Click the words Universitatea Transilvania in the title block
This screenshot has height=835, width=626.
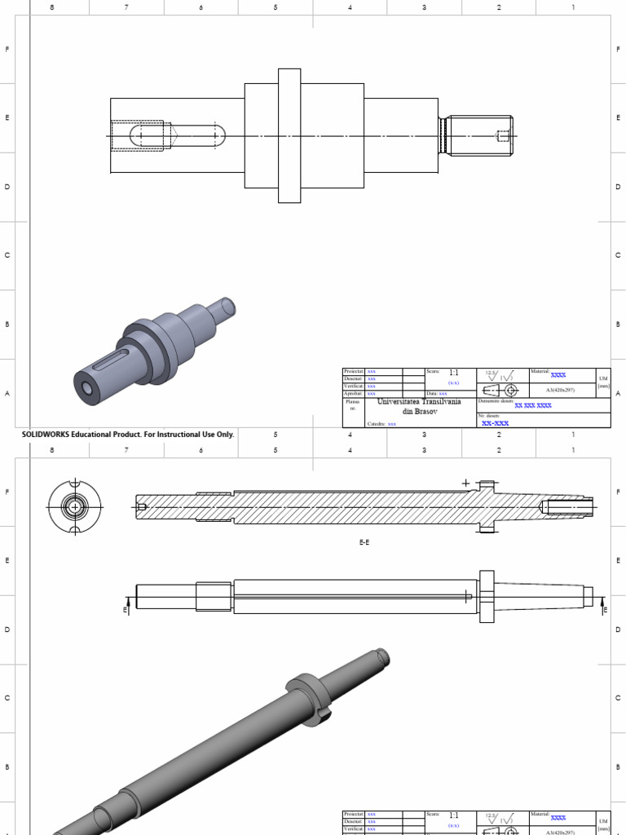pyautogui.click(x=419, y=402)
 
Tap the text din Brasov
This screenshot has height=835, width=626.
pyautogui.click(x=419, y=412)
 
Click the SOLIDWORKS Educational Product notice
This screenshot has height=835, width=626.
pyautogui.click(x=128, y=435)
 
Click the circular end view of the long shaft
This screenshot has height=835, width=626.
pyautogui.click(x=75, y=506)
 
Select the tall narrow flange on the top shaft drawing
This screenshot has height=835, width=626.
pyautogui.click(x=289, y=135)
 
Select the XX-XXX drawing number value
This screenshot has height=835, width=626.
pyautogui.click(x=495, y=424)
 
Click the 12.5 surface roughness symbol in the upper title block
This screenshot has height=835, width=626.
pyautogui.click(x=499, y=375)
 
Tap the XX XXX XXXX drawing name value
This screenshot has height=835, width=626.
pyautogui.click(x=533, y=404)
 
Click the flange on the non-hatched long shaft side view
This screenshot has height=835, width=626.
pyautogui.click(x=487, y=597)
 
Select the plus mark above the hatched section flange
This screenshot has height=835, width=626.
pyautogui.click(x=466, y=483)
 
